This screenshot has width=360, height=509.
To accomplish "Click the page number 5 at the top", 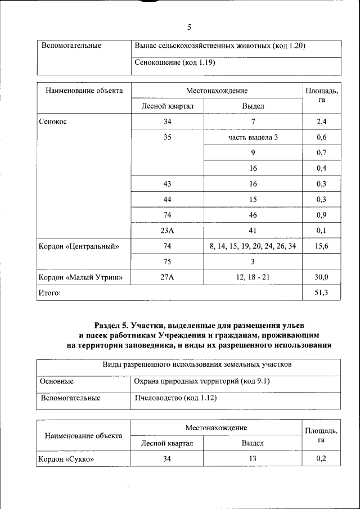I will pyautogui.click(x=189, y=27).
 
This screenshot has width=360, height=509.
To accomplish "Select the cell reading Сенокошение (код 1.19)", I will pyautogui.click(x=175, y=62).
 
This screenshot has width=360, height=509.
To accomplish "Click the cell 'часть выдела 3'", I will pyautogui.click(x=253, y=137).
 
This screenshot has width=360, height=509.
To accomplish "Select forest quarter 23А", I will pyautogui.click(x=167, y=231).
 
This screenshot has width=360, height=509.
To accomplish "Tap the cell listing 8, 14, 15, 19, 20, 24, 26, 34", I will pyautogui.click(x=253, y=246).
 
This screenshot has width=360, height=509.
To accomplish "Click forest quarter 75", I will pyautogui.click(x=167, y=262).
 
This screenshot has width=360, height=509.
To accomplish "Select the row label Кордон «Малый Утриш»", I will pyautogui.click(x=80, y=277).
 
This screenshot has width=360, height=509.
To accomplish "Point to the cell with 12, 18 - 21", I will pyautogui.click(x=253, y=277).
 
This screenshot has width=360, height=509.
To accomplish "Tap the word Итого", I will pyautogui.click(x=49, y=293).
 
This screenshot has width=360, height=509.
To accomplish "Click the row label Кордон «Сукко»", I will pyautogui.click(x=65, y=459).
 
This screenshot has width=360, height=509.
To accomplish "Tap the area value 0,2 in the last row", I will pyautogui.click(x=321, y=459).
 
